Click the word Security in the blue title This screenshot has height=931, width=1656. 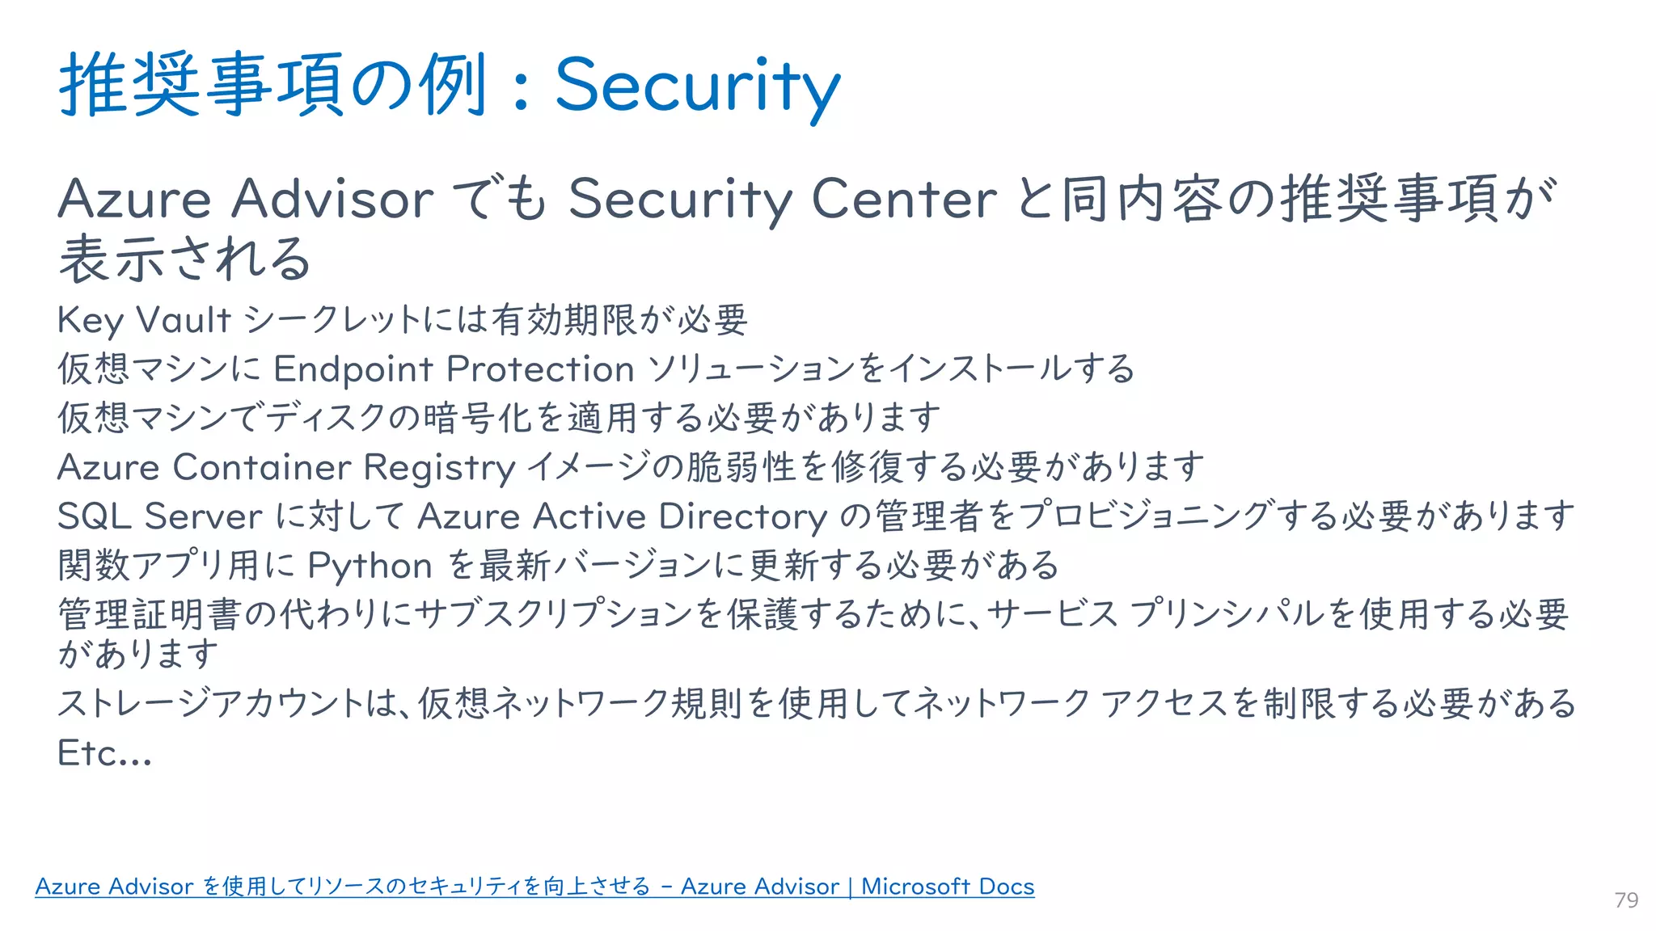697,86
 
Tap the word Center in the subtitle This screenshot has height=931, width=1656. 903,199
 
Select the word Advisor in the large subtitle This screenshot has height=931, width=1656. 332,199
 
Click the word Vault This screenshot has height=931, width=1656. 184,320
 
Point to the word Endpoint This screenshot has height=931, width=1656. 353,369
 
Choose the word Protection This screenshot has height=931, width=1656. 540,369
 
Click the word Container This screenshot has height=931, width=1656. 262,467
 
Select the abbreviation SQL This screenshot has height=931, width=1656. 94,516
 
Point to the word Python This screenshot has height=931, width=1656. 370,567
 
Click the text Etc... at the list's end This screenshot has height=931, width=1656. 104,753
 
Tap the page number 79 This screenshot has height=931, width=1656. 1626,900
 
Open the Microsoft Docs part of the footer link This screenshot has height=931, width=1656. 948,887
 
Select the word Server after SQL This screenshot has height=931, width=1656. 204,516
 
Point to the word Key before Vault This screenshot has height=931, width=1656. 91,321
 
